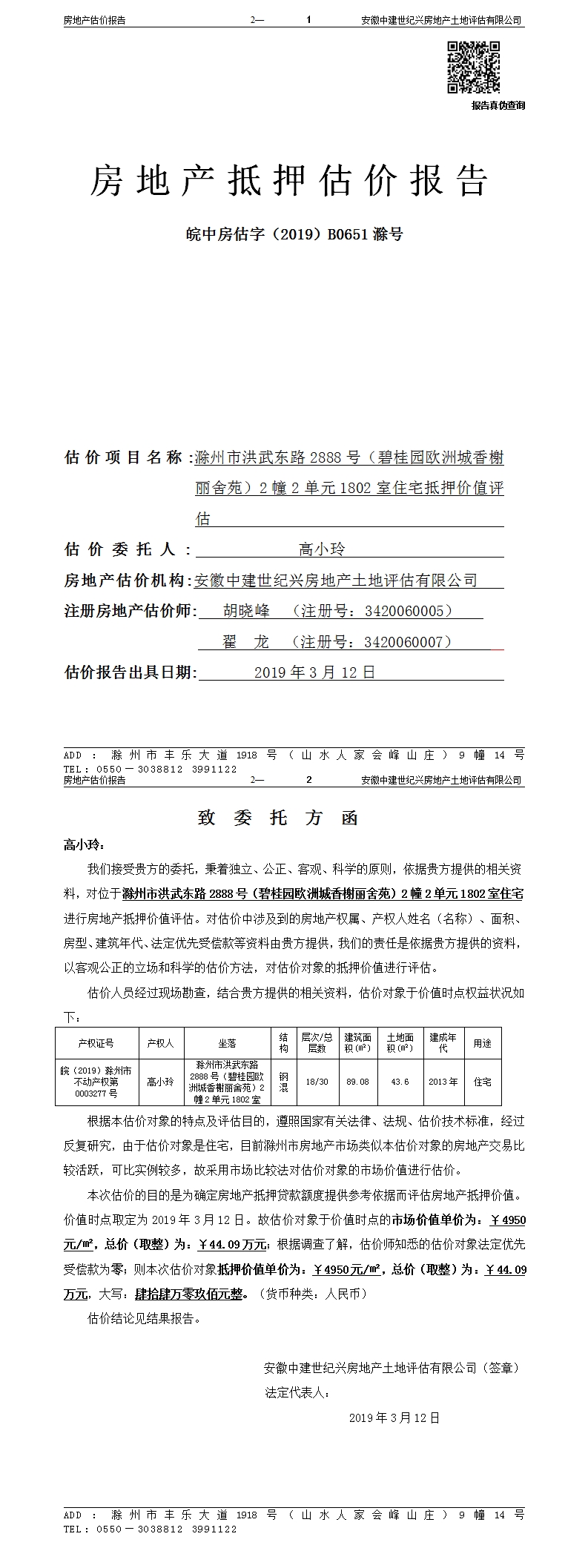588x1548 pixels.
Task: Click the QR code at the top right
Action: pyautogui.click(x=473, y=67)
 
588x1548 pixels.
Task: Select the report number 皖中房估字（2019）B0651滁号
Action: pyautogui.click(x=294, y=234)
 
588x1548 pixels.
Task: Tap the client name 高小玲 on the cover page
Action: pyautogui.click(x=322, y=549)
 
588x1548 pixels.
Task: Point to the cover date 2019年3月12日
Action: pyautogui.click(x=315, y=672)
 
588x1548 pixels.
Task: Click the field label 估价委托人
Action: pyautogui.click(x=121, y=549)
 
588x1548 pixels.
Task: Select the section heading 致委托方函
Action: pyautogui.click(x=279, y=818)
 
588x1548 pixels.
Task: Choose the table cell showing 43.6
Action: pyautogui.click(x=400, y=1082)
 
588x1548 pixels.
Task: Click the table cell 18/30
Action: pyautogui.click(x=317, y=1082)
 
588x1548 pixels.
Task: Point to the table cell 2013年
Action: pyautogui.click(x=443, y=1082)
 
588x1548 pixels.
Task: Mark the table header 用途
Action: pyautogui.click(x=482, y=1043)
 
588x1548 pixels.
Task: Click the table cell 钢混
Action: pyautogui.click(x=283, y=1082)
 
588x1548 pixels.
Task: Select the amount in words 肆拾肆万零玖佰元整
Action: pyautogui.click(x=189, y=1294)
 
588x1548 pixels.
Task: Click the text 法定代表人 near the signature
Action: pyautogui.click(x=294, y=1392)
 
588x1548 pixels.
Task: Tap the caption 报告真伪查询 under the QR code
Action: pyautogui.click(x=498, y=105)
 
